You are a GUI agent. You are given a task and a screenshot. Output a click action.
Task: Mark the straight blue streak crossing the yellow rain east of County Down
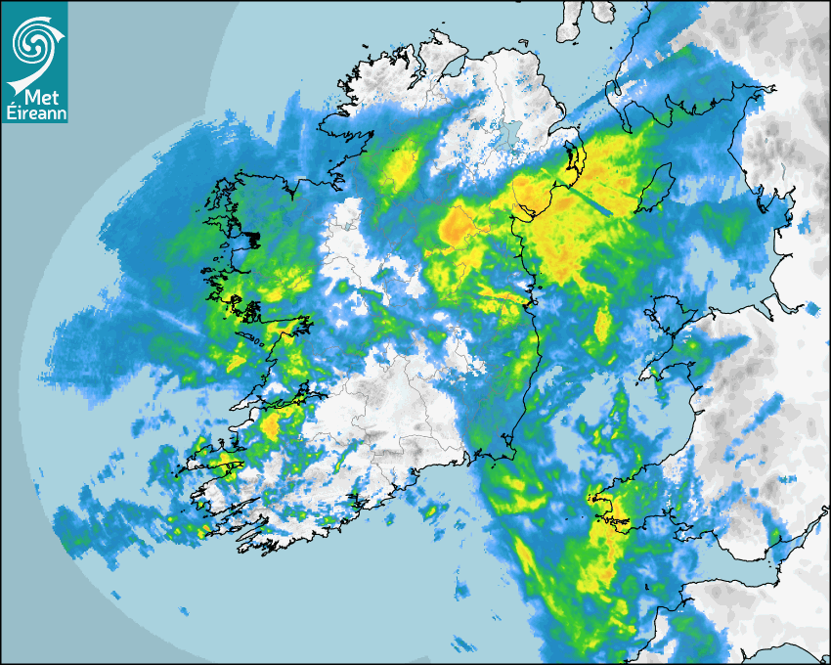coord(591,201)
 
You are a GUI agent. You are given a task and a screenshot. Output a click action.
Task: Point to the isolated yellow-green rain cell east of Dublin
coord(603,322)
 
